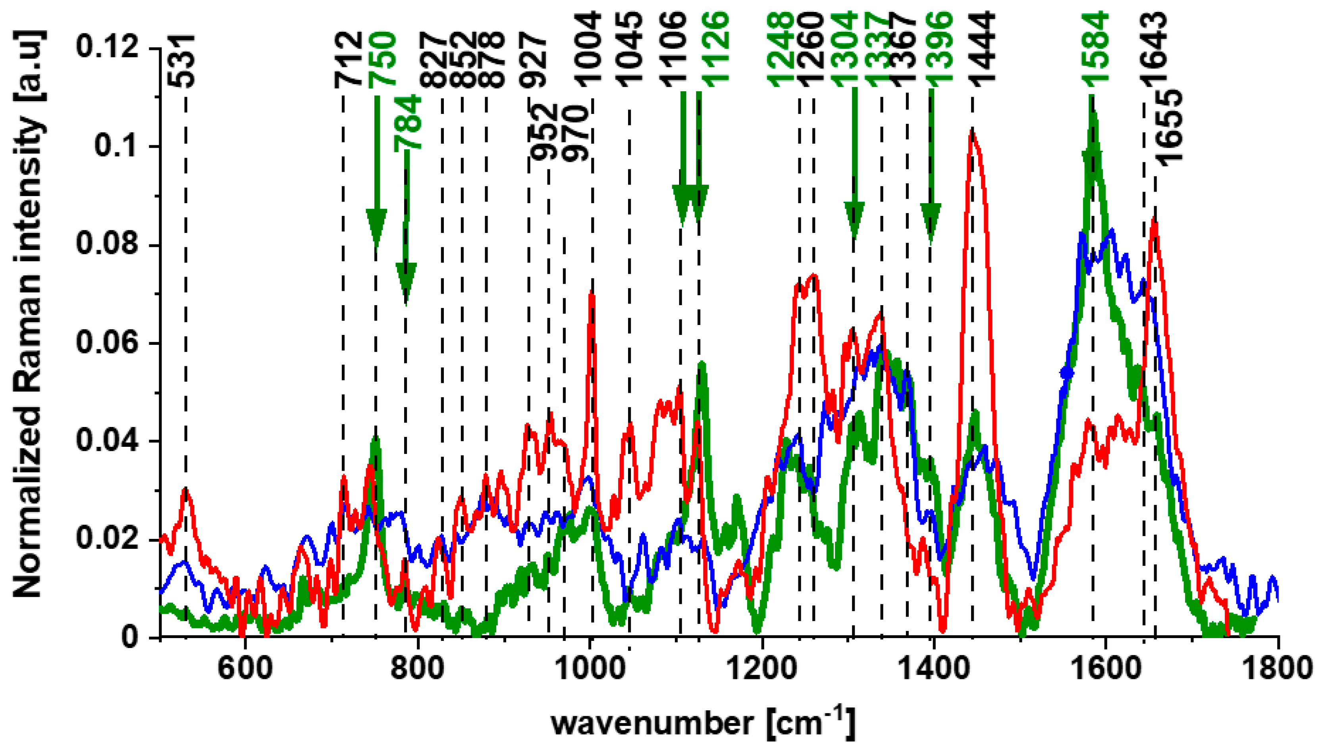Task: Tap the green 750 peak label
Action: (382, 59)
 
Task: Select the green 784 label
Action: (408, 124)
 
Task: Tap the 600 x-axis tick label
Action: (244, 668)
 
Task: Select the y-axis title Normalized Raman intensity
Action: (28, 314)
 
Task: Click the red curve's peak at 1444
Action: (972, 132)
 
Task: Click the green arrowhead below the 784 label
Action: (406, 281)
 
